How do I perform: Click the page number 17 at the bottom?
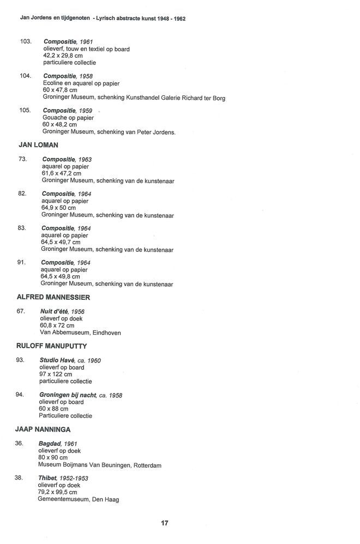[x=164, y=523]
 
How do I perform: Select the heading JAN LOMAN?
[x=38, y=146]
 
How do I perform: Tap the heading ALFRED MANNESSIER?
[x=53, y=297]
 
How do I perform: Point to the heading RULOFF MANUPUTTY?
[x=52, y=346]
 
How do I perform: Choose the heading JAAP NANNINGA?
[x=43, y=430]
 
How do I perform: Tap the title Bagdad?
[x=49, y=444]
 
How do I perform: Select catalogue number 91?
[x=21, y=262]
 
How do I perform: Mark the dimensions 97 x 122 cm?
[x=55, y=374]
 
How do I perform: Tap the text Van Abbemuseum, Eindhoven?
[x=80, y=332]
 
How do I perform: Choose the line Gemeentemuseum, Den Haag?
[x=78, y=499]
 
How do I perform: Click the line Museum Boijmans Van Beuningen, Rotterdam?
[x=99, y=465]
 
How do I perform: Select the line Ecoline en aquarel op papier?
[x=81, y=83]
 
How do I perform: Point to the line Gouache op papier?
[x=68, y=117]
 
